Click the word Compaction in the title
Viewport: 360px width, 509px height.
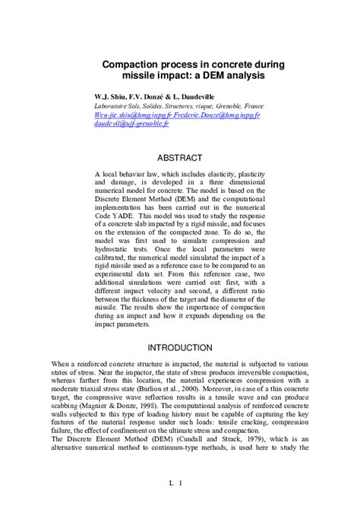131,65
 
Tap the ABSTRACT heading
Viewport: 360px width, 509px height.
179,158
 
